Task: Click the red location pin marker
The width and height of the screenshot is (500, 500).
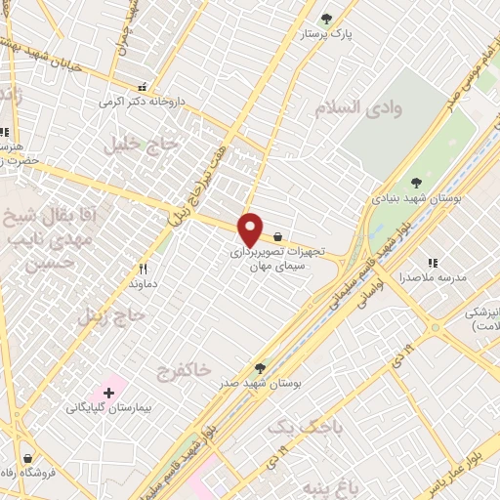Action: (x=251, y=229)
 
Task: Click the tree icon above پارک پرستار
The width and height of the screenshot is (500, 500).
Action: (x=326, y=17)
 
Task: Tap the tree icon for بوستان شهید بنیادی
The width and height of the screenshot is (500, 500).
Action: (x=417, y=182)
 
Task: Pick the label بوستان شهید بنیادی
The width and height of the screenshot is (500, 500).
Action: (x=416, y=197)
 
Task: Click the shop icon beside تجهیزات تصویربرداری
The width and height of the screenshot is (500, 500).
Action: (x=278, y=236)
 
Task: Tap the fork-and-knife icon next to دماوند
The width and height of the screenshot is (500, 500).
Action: (x=143, y=268)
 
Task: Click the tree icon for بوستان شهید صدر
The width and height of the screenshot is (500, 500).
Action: (x=260, y=368)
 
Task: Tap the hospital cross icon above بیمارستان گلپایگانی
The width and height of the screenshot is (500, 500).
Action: (x=108, y=392)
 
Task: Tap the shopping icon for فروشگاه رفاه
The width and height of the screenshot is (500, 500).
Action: (x=26, y=458)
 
